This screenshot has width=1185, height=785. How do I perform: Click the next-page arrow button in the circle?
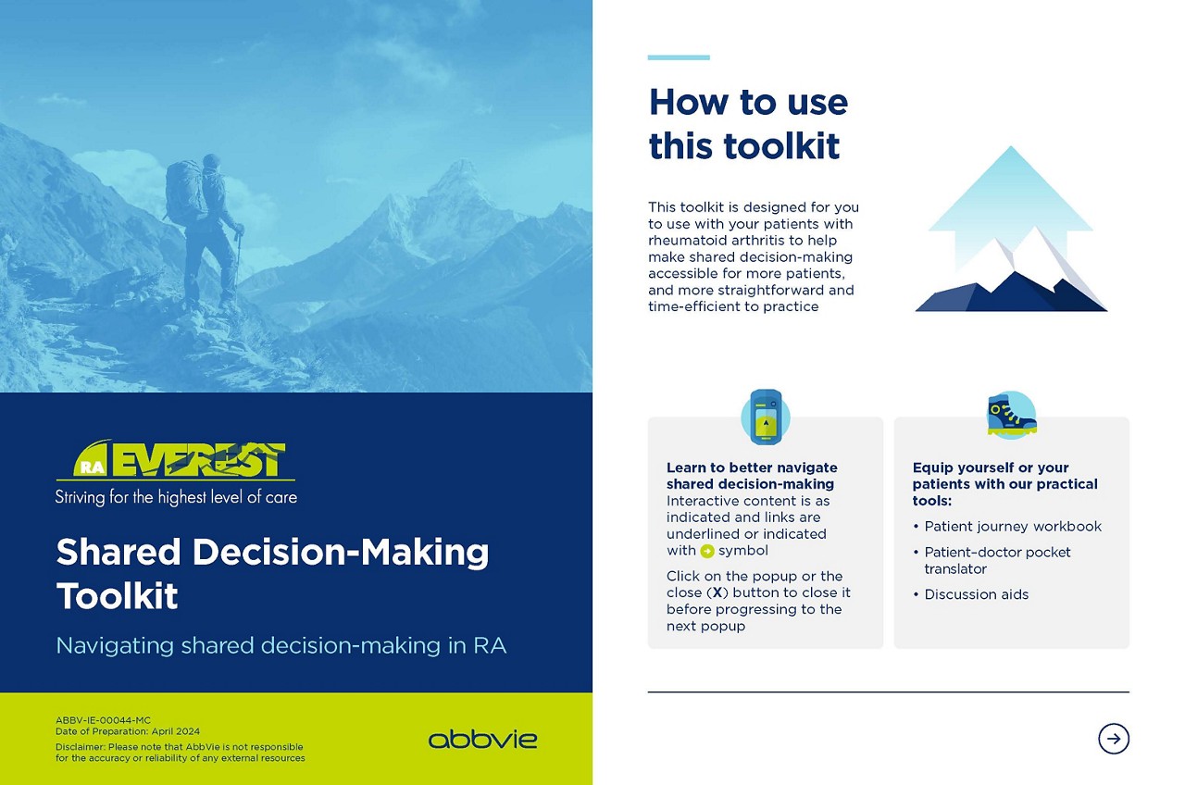(x=1113, y=739)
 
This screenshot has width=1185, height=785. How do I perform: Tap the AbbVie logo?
(x=482, y=739)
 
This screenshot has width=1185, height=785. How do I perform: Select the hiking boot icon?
(x=1012, y=416)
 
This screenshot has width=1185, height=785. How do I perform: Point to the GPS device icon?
(x=766, y=417)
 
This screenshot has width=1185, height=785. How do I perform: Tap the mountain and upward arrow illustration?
(x=1011, y=229)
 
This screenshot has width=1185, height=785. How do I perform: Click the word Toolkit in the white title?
(x=117, y=596)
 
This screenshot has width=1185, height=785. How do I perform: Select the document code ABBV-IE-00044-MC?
(x=103, y=720)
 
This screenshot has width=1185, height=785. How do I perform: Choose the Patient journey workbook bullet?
(x=1007, y=527)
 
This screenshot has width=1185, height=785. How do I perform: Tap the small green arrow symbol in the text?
(x=707, y=551)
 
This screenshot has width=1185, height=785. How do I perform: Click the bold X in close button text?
(x=717, y=592)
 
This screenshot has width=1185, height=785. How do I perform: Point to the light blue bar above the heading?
(x=679, y=57)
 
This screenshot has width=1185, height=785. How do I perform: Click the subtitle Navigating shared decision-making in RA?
(x=281, y=646)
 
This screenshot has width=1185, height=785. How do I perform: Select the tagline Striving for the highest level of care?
(x=176, y=497)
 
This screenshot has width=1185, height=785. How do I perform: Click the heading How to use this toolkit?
(x=748, y=123)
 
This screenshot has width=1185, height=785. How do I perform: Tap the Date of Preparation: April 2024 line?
(x=128, y=731)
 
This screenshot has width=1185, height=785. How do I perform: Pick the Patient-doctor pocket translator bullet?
(x=992, y=560)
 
